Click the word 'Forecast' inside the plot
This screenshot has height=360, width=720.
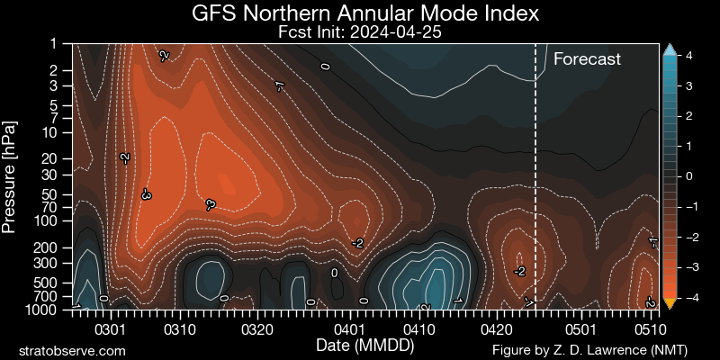pyautogui.click(x=587, y=59)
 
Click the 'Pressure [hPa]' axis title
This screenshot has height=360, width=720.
pyautogui.click(x=11, y=175)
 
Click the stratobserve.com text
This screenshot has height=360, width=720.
pyautogui.click(x=72, y=349)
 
